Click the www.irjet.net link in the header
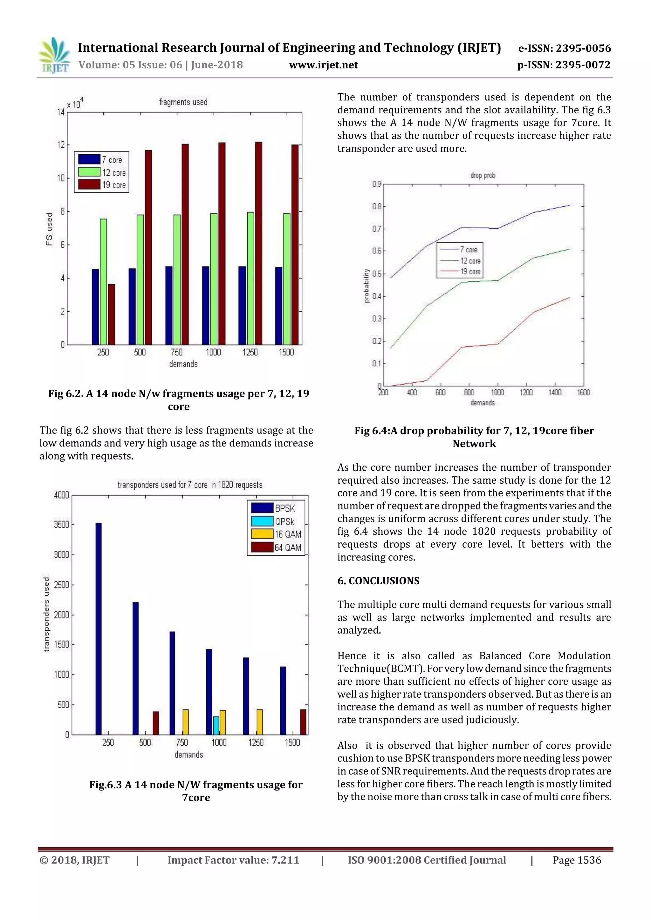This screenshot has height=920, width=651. click(323, 65)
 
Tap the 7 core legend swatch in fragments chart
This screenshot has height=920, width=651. click(89, 159)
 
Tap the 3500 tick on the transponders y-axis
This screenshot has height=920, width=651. click(61, 525)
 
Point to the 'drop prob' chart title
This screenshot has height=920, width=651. click(483, 176)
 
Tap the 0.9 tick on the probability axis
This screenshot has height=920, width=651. click(377, 184)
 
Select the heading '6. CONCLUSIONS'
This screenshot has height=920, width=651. click(378, 581)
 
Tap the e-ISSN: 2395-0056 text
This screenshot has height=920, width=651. click(564, 49)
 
